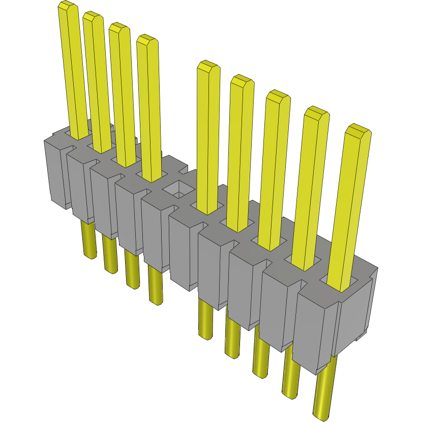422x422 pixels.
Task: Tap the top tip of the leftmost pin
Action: (68, 7)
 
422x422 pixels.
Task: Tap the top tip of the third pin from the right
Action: (278, 96)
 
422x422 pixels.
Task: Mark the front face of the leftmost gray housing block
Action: (55, 173)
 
